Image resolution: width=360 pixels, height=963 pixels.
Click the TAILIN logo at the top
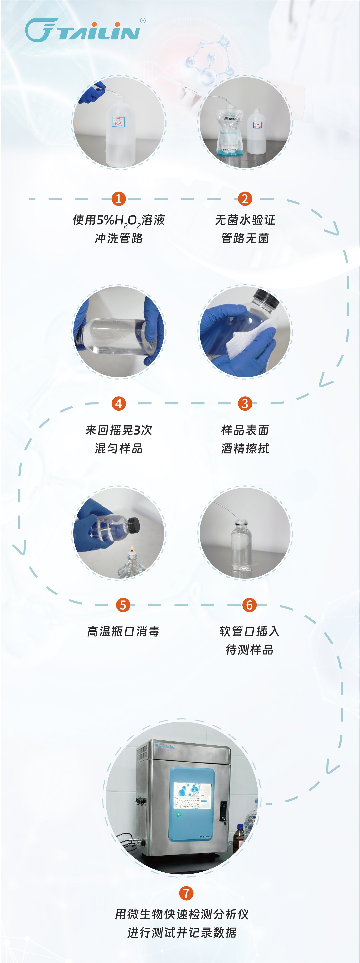(x=83, y=30)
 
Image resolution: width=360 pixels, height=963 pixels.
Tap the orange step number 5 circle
(x=123, y=605)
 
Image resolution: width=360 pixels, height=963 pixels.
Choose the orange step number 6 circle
(x=249, y=605)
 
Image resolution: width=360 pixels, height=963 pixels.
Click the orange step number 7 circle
(x=186, y=893)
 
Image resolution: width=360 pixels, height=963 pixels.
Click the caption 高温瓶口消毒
(x=123, y=631)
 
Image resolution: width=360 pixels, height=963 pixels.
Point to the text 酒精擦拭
(x=245, y=448)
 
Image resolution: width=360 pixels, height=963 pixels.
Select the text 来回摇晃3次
(x=119, y=430)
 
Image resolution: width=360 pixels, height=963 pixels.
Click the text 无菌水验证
(x=245, y=220)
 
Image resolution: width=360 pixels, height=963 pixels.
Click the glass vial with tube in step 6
(x=241, y=546)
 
